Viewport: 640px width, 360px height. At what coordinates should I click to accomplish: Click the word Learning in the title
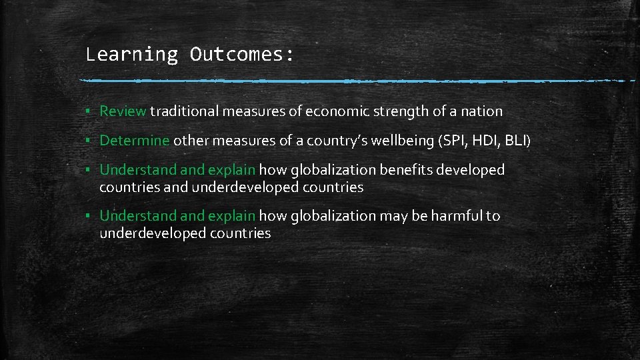coord(131,54)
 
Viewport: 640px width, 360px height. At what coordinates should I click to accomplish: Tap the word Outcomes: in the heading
coord(241,54)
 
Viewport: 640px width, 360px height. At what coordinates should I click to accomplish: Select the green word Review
coord(123,111)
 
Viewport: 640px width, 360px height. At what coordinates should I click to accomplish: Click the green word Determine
coord(135,141)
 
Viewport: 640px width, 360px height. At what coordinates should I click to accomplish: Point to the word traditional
coord(184,111)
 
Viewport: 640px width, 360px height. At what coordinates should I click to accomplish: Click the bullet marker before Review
coord(88,112)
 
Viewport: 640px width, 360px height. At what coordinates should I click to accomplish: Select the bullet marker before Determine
coord(88,141)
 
